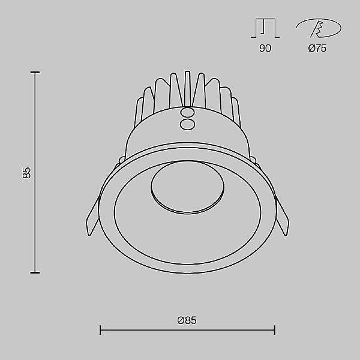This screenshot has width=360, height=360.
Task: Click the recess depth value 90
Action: pos(265,49)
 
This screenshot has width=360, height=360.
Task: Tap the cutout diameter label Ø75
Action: pos(317,49)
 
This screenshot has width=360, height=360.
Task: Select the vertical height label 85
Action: pos(26,173)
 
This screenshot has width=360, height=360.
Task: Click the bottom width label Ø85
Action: pos(187,320)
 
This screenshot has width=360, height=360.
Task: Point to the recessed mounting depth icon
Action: pos(265,28)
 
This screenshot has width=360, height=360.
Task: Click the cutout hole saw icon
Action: pos(319,28)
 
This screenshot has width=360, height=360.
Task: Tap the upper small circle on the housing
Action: pos(188,113)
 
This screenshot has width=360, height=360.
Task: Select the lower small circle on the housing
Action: pos(188,124)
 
